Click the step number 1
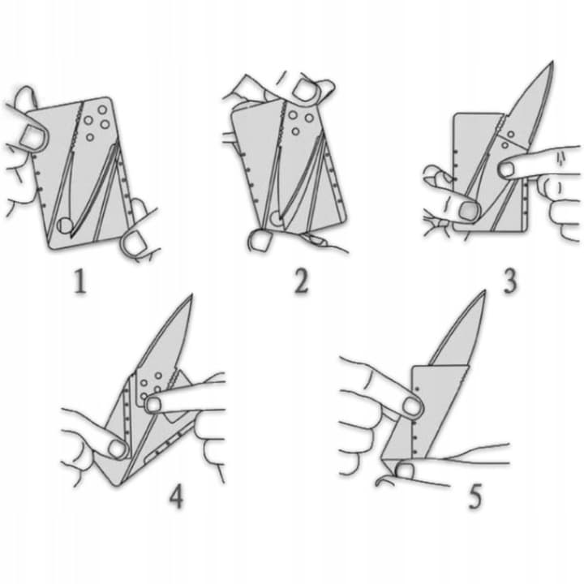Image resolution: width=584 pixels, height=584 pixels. [x=80, y=281]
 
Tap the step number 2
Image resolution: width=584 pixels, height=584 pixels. [x=301, y=281]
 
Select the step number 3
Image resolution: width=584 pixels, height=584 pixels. [x=510, y=281]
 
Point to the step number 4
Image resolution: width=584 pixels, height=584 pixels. [x=176, y=496]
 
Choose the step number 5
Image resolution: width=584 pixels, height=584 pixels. [x=474, y=496]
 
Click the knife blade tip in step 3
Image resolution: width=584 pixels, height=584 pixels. [x=552, y=62]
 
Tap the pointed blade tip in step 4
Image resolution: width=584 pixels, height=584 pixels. [x=191, y=295]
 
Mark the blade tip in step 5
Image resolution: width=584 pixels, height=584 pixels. [x=484, y=291]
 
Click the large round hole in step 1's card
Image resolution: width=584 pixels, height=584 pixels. [x=65, y=225]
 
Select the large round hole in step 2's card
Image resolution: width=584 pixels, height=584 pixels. [x=276, y=218]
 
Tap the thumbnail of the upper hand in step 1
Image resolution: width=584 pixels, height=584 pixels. [x=32, y=137]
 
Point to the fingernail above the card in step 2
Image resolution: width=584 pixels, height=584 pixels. [x=305, y=90]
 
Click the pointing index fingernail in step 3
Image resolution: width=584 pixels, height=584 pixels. [x=506, y=170]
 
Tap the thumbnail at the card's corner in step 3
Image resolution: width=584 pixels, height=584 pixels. [x=468, y=211]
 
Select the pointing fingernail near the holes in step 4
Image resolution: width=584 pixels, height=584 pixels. [x=152, y=405]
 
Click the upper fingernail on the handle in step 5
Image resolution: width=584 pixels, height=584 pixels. [x=412, y=406]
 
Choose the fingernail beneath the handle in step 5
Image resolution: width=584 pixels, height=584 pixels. [x=405, y=471]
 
